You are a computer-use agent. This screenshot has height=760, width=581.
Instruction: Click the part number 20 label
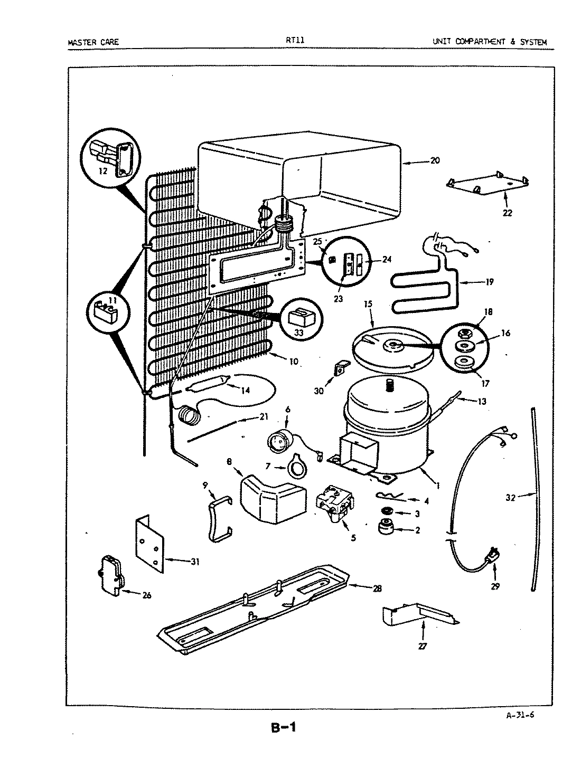(435, 161)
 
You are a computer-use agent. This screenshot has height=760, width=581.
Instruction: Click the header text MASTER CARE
(93, 42)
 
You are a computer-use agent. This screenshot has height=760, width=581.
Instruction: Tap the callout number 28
(377, 588)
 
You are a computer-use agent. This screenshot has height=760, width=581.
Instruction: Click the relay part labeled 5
(333, 506)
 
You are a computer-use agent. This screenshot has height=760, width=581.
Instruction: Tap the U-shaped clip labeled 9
(218, 520)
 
